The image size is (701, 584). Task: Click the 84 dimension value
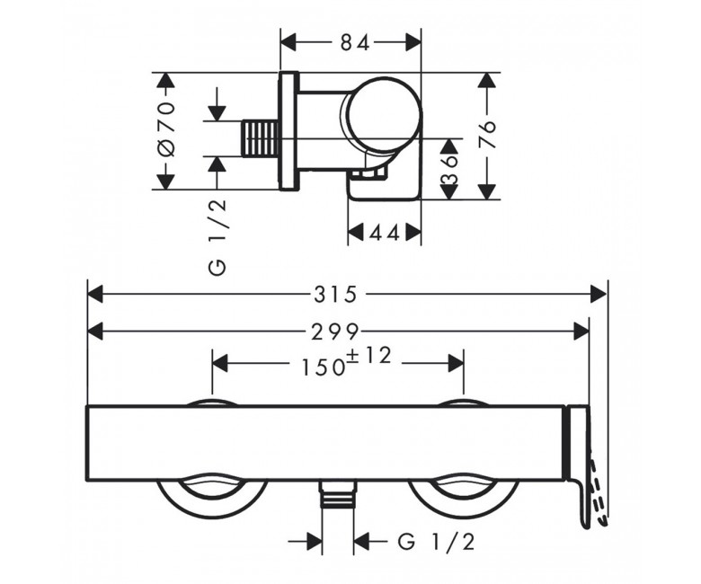tap(356, 43)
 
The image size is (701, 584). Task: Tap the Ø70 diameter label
tap(167, 129)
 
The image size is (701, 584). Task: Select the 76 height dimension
tap(487, 134)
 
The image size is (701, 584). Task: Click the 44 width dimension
tap(385, 233)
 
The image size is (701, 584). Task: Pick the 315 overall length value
tap(335, 295)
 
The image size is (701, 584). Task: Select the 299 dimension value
tap(335, 332)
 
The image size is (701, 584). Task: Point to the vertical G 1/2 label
tap(217, 237)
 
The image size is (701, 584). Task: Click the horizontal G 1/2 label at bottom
tap(437, 543)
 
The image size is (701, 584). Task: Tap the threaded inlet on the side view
tap(261, 138)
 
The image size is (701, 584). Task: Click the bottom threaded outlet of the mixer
tap(339, 495)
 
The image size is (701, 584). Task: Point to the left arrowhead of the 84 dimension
tap(288, 43)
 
